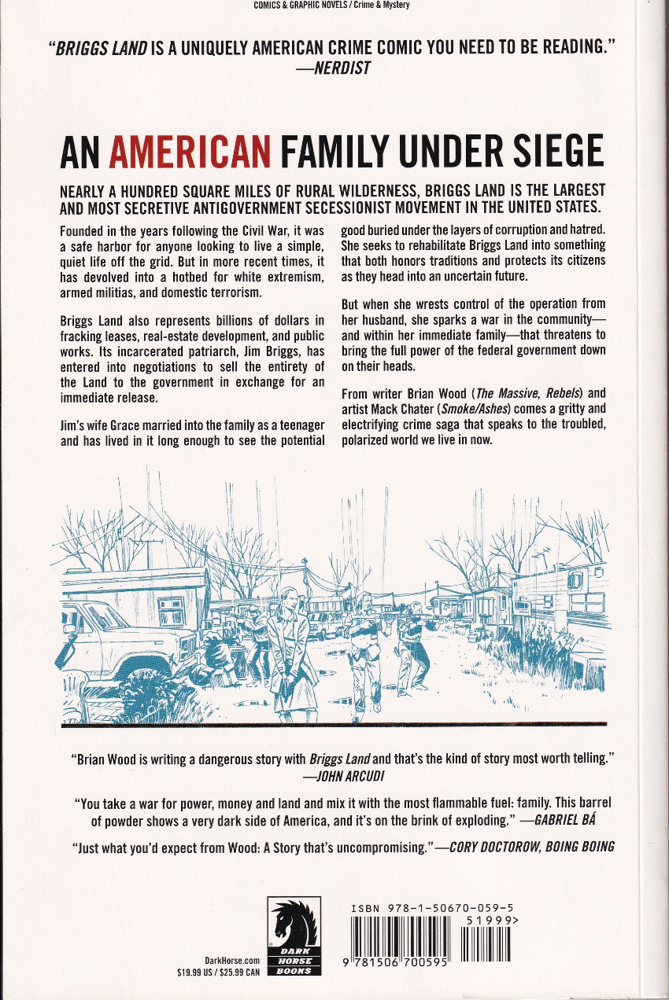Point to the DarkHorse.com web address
pyautogui.click(x=232, y=961)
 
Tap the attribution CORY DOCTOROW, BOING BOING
pyautogui.click(x=531, y=847)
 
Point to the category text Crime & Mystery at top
pyautogui.click(x=383, y=5)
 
